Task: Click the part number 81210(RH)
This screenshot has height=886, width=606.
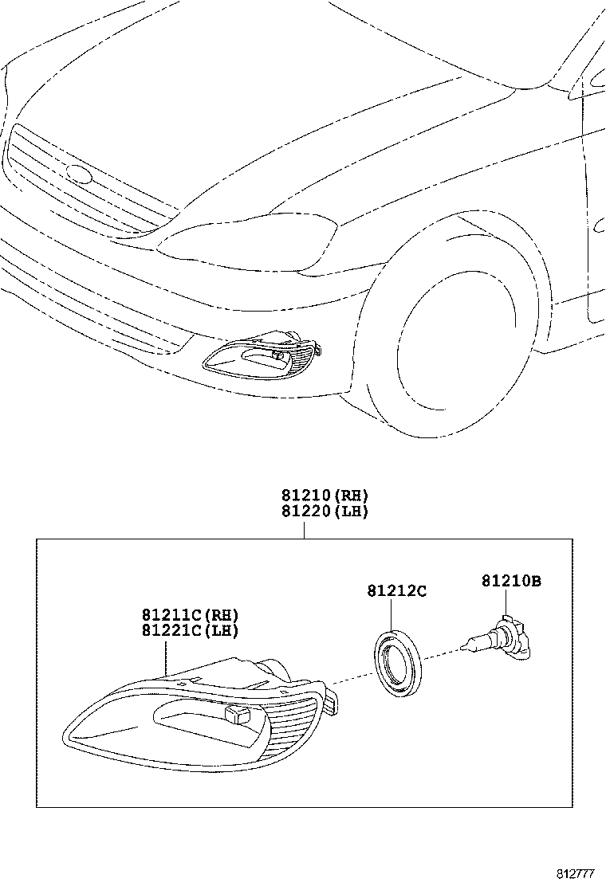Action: point(325,495)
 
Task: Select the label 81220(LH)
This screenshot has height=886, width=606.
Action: point(325,511)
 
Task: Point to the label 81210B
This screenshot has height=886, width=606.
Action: point(511,582)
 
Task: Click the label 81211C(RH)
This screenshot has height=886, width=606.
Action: point(191,614)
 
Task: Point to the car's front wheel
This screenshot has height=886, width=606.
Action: point(447,351)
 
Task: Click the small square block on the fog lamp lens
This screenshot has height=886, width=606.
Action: point(238,715)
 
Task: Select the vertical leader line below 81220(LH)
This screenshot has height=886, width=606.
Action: point(304,529)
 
